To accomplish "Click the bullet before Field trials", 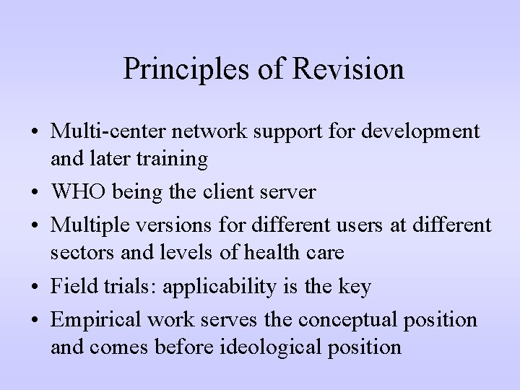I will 35,287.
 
